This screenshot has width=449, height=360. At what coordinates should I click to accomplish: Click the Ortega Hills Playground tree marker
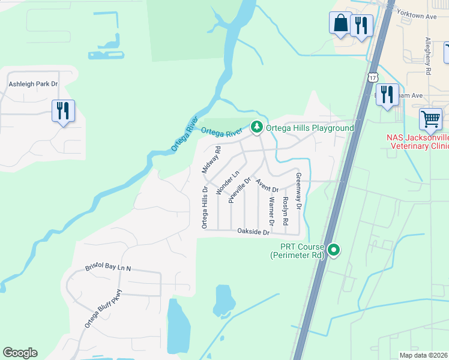pyautogui.click(x=257, y=127)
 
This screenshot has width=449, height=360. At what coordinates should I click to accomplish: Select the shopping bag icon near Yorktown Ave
pyautogui.click(x=340, y=23)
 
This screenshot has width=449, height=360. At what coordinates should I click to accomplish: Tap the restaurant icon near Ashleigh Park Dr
pyautogui.click(x=63, y=110)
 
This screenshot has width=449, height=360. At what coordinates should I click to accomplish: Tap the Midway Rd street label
pyautogui.click(x=209, y=160)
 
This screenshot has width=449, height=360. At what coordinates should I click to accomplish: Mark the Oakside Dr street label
pyautogui.click(x=253, y=231)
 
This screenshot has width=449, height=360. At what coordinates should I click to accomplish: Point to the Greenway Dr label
pyautogui.click(x=298, y=191)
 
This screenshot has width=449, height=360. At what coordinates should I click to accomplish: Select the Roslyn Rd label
pyautogui.click(x=285, y=211)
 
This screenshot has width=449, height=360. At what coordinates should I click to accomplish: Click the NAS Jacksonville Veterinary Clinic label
pyautogui.click(x=418, y=142)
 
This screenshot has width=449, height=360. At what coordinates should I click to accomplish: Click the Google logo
pyautogui.click(x=20, y=353)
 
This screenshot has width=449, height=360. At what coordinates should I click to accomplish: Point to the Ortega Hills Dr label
pyautogui.click(x=205, y=206)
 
